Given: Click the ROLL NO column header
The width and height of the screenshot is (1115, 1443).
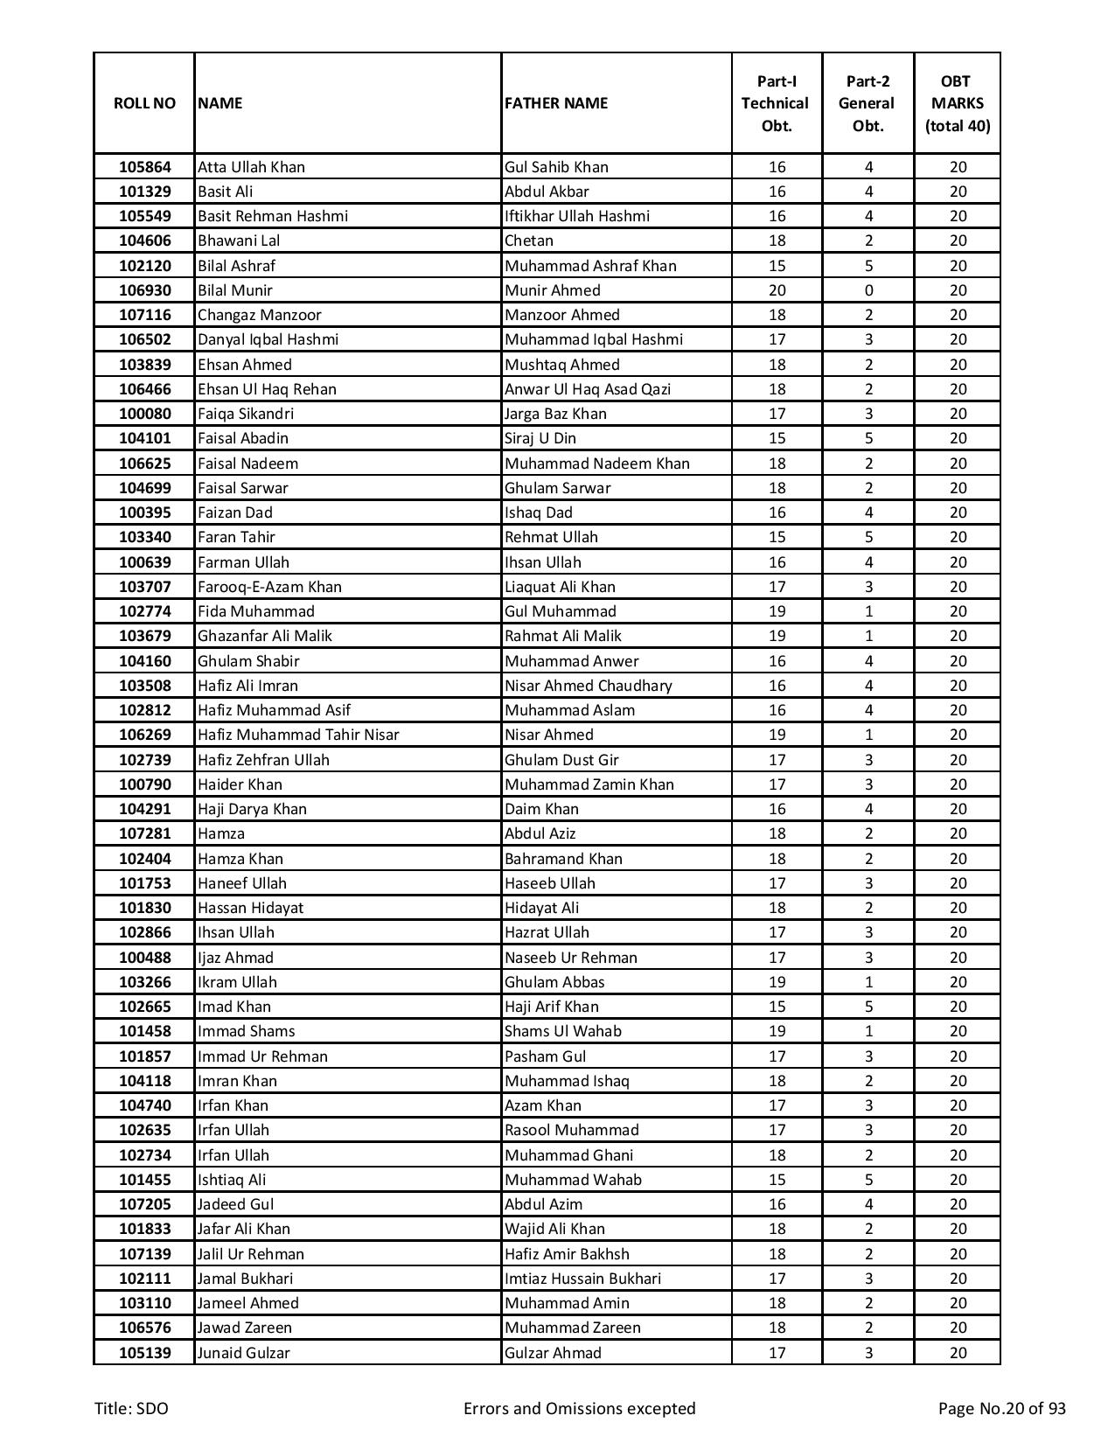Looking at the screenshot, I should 144,103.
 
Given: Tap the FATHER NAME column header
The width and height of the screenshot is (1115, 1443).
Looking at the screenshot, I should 555,103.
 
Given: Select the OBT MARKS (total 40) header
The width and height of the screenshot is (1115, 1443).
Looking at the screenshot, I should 958,103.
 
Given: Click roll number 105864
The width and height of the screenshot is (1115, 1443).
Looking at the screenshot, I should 144,167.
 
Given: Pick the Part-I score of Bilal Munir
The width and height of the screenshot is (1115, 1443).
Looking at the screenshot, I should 777,290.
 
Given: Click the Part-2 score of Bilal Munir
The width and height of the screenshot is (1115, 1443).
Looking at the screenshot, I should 868,290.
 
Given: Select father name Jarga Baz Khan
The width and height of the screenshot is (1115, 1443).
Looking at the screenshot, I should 555,414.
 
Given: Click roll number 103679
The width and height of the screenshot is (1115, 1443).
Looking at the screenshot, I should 144,636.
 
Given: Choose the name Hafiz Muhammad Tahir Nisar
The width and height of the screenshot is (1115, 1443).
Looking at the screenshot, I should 298,735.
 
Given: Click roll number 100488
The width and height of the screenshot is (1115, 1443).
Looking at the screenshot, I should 144,958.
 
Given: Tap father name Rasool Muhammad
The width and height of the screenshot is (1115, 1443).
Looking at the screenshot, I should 571,1130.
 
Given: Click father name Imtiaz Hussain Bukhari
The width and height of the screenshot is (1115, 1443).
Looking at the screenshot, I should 582,1279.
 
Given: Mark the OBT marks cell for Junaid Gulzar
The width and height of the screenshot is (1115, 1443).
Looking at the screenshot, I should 958,1353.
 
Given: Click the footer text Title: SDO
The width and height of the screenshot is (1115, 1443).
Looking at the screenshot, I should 131,1408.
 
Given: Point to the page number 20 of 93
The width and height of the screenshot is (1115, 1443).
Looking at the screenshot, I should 1001,1408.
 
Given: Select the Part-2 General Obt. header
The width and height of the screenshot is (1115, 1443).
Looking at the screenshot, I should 868,103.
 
